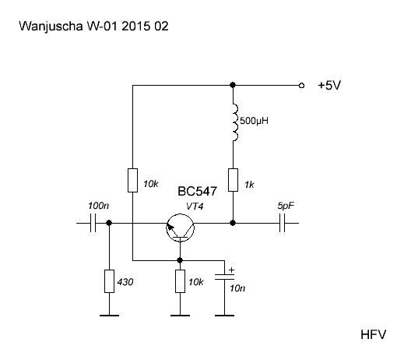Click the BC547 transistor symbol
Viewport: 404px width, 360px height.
(x=180, y=228)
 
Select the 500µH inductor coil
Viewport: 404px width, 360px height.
(x=234, y=122)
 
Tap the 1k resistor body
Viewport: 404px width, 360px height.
(x=233, y=180)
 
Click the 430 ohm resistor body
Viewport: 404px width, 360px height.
(x=109, y=281)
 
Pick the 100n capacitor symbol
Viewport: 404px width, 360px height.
(x=93, y=223)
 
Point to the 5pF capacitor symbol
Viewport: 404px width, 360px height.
(x=282, y=223)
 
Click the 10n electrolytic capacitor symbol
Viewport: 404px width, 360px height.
(x=224, y=277)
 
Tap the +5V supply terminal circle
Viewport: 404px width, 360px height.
(x=301, y=85)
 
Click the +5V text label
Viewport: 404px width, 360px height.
(x=329, y=85)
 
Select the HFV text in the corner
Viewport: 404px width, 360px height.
(x=373, y=334)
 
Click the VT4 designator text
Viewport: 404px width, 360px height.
(x=195, y=206)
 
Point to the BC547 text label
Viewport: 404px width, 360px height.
(x=197, y=192)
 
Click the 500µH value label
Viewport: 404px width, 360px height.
(x=254, y=121)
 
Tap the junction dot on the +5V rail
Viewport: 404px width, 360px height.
(x=233, y=85)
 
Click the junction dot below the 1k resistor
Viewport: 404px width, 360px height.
(x=233, y=223)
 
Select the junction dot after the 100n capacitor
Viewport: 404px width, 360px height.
(x=109, y=223)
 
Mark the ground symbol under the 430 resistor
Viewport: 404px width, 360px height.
(x=109, y=316)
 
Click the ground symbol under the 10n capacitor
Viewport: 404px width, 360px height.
(x=224, y=316)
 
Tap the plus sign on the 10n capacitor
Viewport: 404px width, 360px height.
(x=231, y=270)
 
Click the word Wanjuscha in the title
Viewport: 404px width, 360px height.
(x=51, y=26)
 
